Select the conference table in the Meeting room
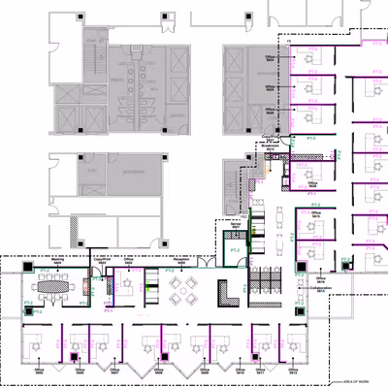click(52, 286)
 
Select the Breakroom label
click(271, 140)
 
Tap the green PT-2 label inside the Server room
click(235, 250)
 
